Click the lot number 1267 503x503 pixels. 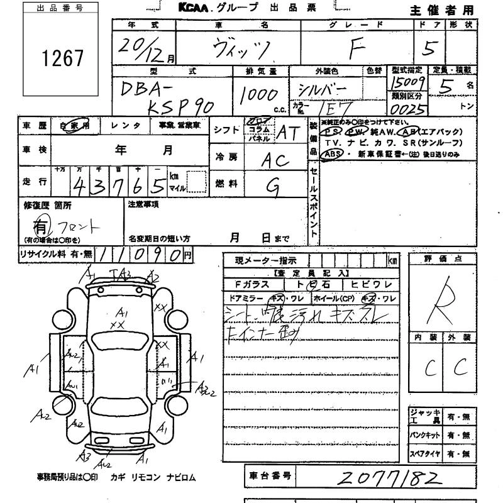tap(62, 57)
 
